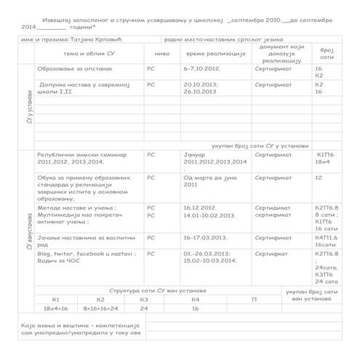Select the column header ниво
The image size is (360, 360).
[161, 54]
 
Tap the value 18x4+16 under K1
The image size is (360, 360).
[56, 308]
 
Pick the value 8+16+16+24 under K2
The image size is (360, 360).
[100, 308]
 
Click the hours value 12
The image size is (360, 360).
[319, 177]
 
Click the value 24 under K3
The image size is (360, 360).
[144, 308]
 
